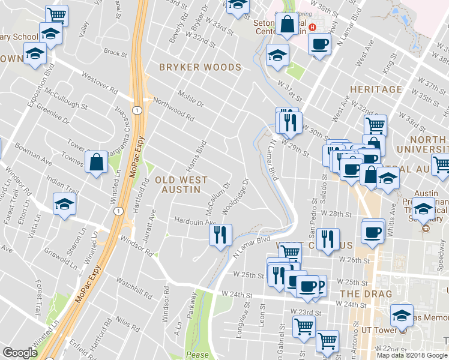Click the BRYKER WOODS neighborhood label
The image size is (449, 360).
[x=200, y=68]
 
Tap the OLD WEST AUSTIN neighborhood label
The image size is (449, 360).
[x=181, y=185]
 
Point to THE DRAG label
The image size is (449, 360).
[x=366, y=294]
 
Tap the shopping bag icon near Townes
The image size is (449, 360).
[x=96, y=162]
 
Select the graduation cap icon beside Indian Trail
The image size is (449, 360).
[x=64, y=203]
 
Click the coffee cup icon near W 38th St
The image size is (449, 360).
[x=319, y=44]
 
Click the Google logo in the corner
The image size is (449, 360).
[x=20, y=353]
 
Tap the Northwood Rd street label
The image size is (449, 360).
[x=173, y=109]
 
